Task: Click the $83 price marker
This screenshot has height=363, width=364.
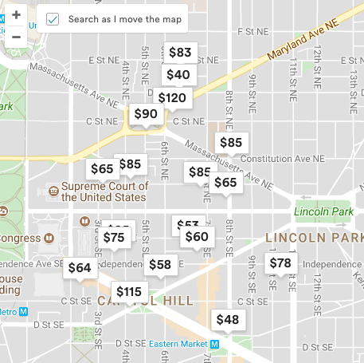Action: [x=181, y=53]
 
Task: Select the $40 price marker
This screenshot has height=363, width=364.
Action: [x=178, y=75]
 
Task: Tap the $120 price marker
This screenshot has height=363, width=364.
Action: [x=172, y=98]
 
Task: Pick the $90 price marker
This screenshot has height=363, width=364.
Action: [x=146, y=114]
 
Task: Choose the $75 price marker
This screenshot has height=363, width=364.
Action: [x=114, y=237]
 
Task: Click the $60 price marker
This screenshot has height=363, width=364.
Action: [x=197, y=236]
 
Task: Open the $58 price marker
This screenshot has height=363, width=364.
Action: [x=160, y=265]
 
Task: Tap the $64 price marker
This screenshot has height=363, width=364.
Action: [x=80, y=268]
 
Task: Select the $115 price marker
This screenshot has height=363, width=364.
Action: [x=128, y=292]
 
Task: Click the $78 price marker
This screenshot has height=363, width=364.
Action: [x=280, y=263]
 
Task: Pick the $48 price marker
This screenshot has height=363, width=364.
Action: [x=227, y=320]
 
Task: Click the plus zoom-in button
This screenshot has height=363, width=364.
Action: [x=16, y=14]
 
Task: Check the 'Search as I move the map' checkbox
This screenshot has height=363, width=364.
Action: [x=53, y=19]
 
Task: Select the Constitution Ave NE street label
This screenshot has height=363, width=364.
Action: [x=283, y=159]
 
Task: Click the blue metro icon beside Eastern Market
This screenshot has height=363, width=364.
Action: [x=214, y=344]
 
